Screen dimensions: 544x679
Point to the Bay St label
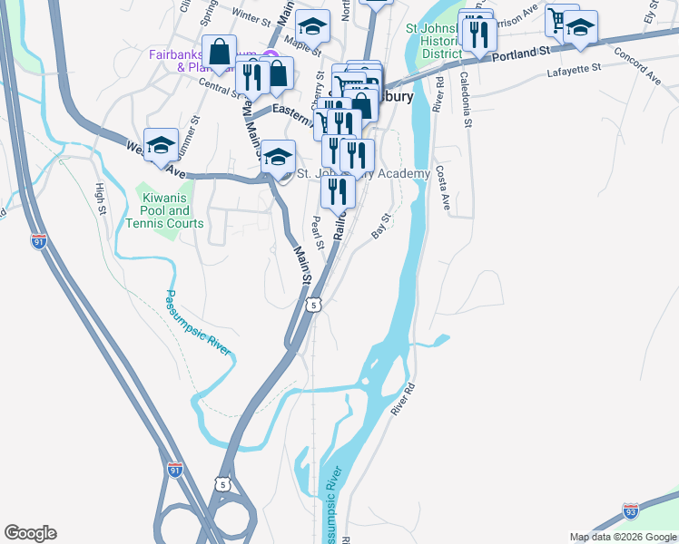click(381, 226)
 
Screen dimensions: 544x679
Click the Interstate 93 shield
click(632, 512)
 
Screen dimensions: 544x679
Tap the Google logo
click(30, 533)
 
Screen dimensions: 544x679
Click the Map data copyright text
click(623, 538)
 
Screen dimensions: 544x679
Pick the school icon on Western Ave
click(161, 145)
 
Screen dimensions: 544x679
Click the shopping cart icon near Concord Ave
click(561, 20)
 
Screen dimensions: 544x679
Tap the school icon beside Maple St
click(312, 27)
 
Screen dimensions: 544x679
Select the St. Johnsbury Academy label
click(363, 174)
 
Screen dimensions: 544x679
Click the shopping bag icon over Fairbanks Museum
click(220, 52)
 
